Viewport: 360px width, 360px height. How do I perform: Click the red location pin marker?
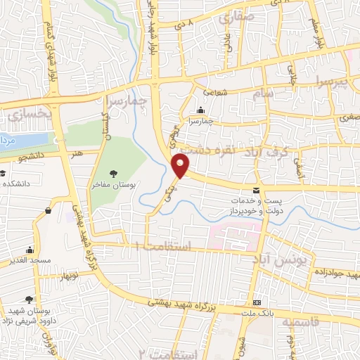tap(181, 166)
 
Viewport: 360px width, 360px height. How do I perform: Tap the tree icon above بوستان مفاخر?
tap(114, 174)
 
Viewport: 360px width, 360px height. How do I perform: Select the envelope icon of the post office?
tap(256, 191)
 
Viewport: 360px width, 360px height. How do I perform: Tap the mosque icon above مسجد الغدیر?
tap(29, 250)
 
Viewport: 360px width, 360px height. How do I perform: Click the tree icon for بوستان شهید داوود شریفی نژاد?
tap(29, 299)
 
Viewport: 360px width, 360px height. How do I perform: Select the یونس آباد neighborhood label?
tap(279, 260)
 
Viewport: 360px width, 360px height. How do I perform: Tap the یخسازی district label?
tap(30, 112)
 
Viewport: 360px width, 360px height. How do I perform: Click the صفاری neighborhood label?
tap(234, 20)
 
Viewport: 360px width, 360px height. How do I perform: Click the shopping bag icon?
tap(48, 210)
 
